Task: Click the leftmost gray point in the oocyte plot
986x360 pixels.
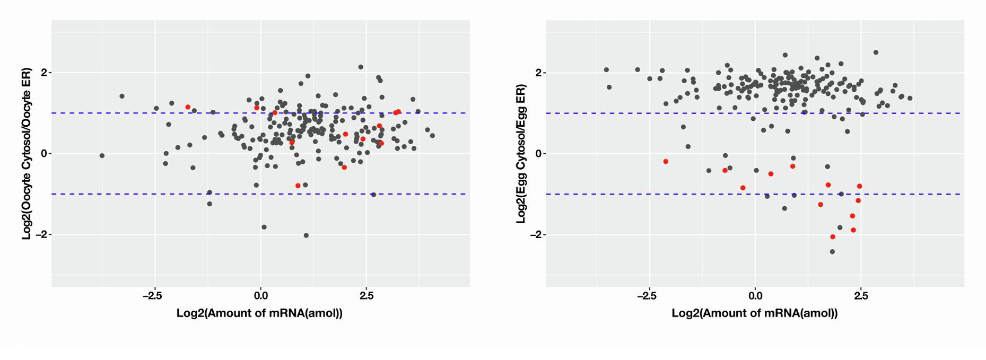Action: (x=102, y=155)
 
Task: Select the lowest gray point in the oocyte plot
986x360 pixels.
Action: (x=306, y=235)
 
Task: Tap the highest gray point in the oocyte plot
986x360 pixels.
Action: (x=361, y=67)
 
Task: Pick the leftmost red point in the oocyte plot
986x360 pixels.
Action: (x=188, y=107)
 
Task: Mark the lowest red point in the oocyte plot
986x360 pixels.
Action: (x=298, y=186)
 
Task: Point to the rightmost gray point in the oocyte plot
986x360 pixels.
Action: (x=432, y=136)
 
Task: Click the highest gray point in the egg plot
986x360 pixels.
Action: (x=876, y=52)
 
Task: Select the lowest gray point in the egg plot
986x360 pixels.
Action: (x=832, y=252)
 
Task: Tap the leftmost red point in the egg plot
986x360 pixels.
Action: (x=666, y=161)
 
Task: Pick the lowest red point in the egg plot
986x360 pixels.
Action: (x=833, y=237)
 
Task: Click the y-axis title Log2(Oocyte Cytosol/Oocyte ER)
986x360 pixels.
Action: (x=27, y=154)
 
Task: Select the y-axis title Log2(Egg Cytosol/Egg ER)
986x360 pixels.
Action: (x=521, y=154)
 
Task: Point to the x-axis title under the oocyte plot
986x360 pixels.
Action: (x=259, y=313)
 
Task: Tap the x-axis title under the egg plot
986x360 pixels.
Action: (x=754, y=313)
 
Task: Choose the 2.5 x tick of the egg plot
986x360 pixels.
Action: (x=861, y=296)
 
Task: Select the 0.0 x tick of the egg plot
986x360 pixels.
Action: (x=755, y=296)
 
